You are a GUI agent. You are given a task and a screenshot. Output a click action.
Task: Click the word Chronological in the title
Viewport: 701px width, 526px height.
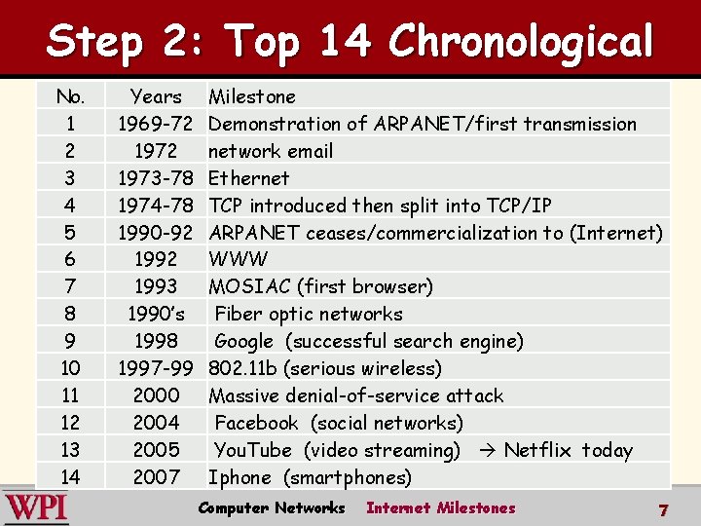(520, 42)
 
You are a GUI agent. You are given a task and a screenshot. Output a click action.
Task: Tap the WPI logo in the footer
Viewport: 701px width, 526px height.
(36, 507)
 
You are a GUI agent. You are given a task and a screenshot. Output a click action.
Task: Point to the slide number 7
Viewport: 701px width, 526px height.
(663, 509)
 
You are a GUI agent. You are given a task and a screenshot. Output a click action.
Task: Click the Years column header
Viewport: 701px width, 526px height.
(156, 96)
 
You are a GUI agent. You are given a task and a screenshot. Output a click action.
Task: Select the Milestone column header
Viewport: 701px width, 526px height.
(252, 96)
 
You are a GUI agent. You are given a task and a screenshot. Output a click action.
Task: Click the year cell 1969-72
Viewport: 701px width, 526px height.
(155, 124)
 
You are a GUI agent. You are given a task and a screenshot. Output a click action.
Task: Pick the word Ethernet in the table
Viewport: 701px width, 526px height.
(249, 178)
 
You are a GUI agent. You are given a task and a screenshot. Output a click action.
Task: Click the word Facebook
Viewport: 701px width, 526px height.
(257, 423)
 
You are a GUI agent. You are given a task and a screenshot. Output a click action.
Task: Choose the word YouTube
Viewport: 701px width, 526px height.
(253, 450)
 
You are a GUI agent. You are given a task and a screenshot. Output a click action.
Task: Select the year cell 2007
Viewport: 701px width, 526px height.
(156, 477)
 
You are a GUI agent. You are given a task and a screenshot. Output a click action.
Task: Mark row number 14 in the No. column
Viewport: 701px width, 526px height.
(70, 477)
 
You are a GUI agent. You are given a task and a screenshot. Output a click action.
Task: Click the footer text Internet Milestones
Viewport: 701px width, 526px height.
(440, 507)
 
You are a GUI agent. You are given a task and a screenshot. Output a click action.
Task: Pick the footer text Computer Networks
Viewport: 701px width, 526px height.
(271, 507)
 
